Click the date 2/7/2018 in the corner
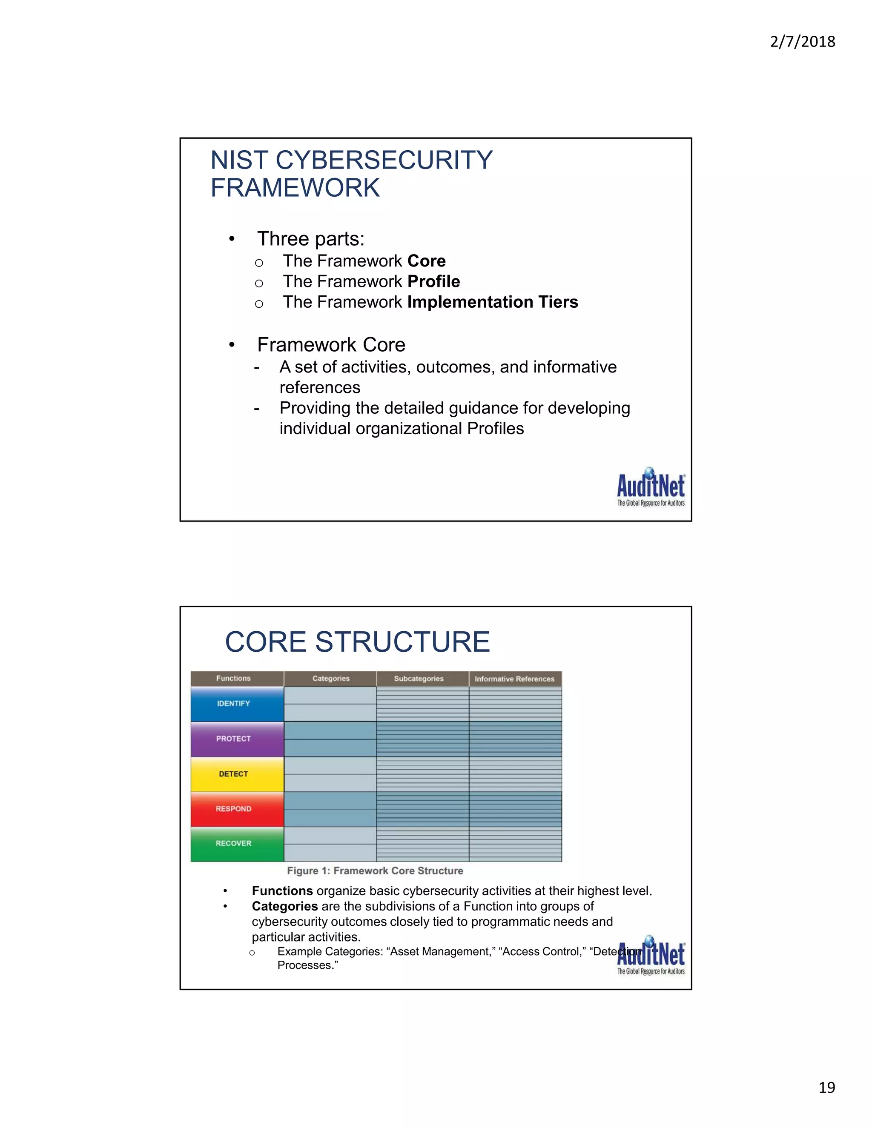[x=802, y=42]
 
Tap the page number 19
[x=826, y=1087]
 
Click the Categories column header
[x=330, y=679]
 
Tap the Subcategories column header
[x=419, y=679]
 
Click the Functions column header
[x=233, y=679]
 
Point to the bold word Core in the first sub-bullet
[x=426, y=261]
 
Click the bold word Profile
[x=433, y=281]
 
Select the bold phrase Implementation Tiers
[x=492, y=302]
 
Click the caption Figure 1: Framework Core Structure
[x=375, y=871]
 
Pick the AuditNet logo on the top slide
[x=651, y=487]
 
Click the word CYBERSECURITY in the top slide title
[x=384, y=160]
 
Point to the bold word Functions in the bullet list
[x=282, y=891]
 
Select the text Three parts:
[x=310, y=239]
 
